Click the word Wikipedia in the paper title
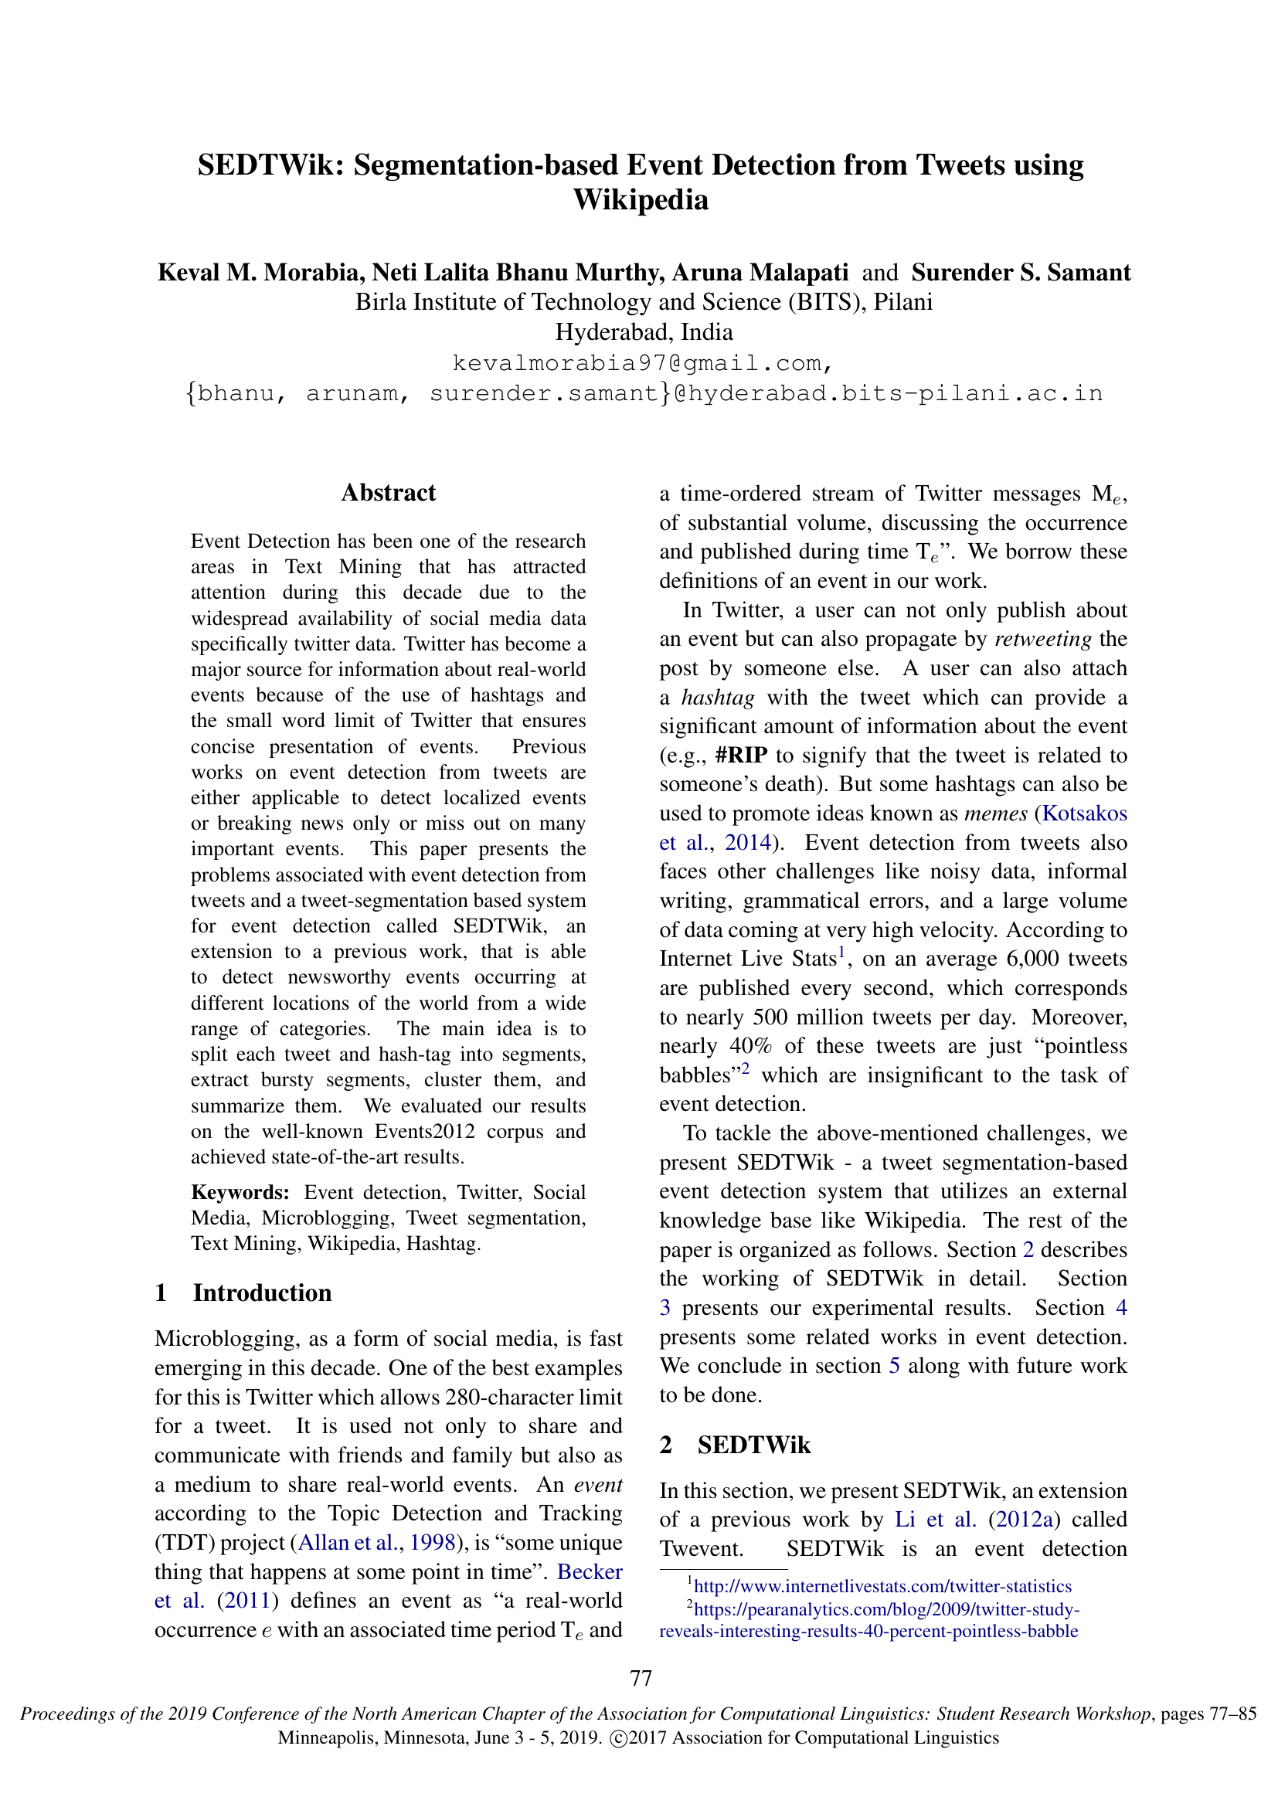coord(640,201)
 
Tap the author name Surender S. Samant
coord(1021,272)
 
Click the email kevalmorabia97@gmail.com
coord(641,364)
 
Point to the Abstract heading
coord(388,493)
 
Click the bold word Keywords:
coord(240,1192)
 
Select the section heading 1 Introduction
coord(244,1293)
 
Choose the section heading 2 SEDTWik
coord(735,1445)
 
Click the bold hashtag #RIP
coord(741,756)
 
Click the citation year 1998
coord(433,1543)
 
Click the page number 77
coord(641,1679)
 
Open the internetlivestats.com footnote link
coord(882,1587)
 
